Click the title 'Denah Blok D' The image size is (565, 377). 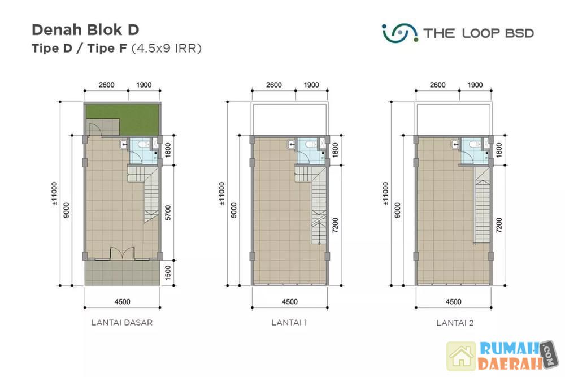(85, 30)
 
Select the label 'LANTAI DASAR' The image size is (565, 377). (122, 323)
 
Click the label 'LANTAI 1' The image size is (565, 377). (289, 323)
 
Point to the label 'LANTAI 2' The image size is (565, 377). (455, 323)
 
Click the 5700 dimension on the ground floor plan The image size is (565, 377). (168, 213)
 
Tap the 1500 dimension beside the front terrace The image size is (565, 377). (168, 273)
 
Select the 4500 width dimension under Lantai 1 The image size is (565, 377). (290, 302)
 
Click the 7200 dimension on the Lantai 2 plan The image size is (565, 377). (499, 226)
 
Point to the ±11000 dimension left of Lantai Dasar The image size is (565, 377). (54, 193)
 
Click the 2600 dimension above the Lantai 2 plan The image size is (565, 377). (437, 85)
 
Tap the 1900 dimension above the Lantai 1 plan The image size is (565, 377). (311, 85)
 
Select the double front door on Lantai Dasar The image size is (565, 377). (122, 253)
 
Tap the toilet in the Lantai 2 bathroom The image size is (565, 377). (474, 144)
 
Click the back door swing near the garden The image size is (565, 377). (95, 129)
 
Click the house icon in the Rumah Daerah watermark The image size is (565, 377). (462, 356)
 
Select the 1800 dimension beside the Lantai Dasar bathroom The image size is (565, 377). (168, 150)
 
